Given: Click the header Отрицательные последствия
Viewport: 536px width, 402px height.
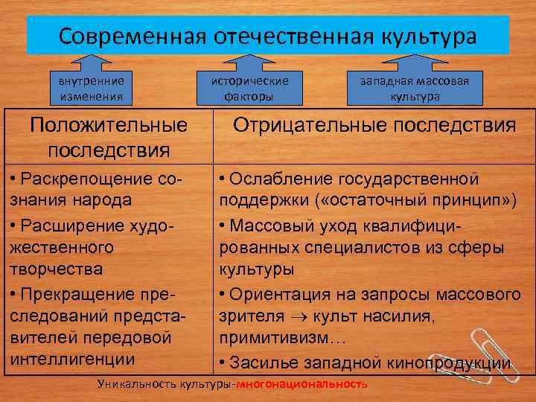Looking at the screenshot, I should (x=374, y=125).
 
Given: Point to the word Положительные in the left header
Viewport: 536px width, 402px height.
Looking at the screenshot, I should (x=109, y=125).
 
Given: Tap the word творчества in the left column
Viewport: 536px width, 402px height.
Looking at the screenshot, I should (x=56, y=268).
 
